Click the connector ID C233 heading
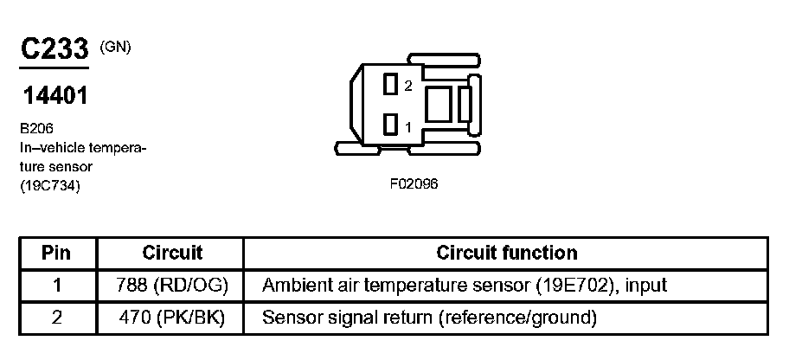coord(55,49)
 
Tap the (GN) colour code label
coord(116,47)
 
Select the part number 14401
coord(55,96)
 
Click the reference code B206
coord(36,127)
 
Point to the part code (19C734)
coord(49,184)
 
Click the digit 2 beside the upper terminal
coord(408,86)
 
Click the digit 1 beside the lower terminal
coord(408,126)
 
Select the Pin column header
coord(56,254)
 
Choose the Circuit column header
coord(171,254)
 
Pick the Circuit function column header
coord(506,254)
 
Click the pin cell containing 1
coord(56,286)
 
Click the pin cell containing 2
coord(56,318)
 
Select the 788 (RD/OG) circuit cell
coord(171,286)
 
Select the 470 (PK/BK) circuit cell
coord(171,318)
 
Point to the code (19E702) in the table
coord(574,286)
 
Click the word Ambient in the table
coord(292,286)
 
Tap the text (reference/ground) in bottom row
coord(518,318)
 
